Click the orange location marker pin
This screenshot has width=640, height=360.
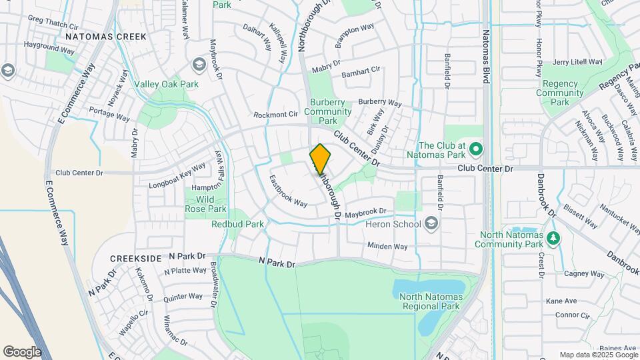click(x=321, y=159)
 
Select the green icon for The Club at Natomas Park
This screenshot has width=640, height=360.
click(x=475, y=148)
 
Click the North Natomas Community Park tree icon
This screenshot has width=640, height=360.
click(x=552, y=238)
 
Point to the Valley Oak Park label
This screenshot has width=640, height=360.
click(x=166, y=85)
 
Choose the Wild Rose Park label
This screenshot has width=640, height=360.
click(x=206, y=204)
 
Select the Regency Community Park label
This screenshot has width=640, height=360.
click(x=561, y=93)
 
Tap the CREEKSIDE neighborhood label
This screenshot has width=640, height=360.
click(x=136, y=258)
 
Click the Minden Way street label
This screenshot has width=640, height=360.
click(x=387, y=246)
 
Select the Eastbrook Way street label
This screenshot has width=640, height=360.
click(x=288, y=191)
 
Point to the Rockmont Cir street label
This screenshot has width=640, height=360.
click(x=275, y=115)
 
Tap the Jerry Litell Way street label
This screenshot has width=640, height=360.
click(x=577, y=62)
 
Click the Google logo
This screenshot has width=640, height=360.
click(x=22, y=352)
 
